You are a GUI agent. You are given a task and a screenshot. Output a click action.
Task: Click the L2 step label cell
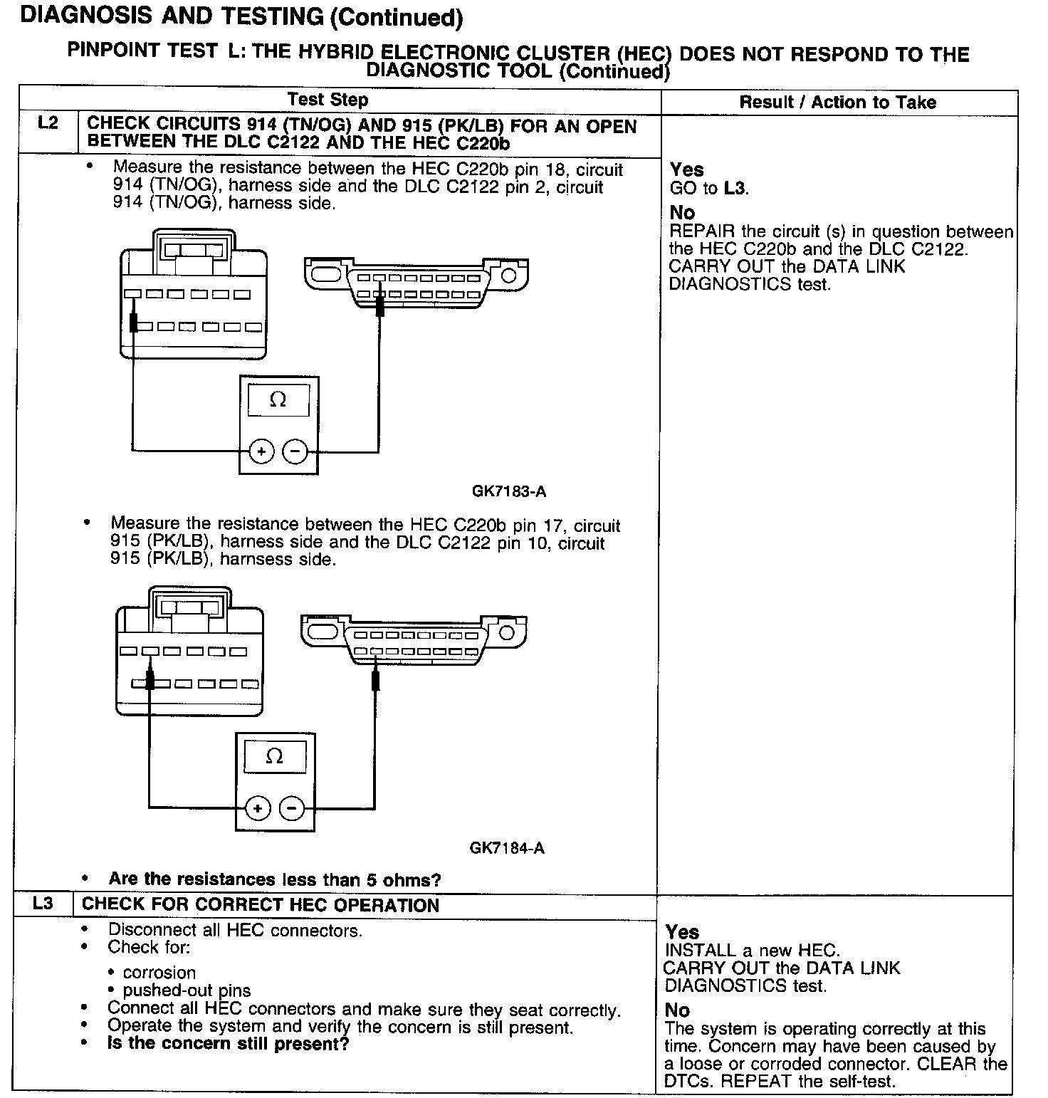pos(48,124)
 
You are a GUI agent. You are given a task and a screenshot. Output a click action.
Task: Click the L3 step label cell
pos(43,904)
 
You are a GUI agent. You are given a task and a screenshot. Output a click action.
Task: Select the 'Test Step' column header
pos(328,100)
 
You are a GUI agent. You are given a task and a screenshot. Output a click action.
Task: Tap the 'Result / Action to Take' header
pos(838,103)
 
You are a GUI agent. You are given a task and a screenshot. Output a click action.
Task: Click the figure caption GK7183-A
pos(509,491)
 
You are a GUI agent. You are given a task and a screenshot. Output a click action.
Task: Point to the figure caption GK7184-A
pos(507,848)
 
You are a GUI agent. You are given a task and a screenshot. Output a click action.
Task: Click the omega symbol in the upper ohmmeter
pos(278,400)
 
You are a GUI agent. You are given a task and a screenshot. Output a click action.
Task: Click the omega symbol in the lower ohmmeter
pos(274,756)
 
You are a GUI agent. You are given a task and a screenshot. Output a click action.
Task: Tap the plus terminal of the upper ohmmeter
pos(262,451)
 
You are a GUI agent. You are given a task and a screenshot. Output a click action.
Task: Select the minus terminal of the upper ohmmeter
pos(295,451)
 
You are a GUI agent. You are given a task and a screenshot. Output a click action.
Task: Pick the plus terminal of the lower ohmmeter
pos(258,808)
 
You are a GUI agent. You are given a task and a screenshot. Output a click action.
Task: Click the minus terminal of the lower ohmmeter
pos(291,808)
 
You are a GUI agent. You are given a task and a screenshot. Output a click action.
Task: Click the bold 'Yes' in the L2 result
pos(687,169)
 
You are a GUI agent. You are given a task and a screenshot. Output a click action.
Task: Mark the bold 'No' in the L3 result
pos(677,1010)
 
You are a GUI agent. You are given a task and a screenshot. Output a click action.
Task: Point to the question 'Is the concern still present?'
pos(228,1044)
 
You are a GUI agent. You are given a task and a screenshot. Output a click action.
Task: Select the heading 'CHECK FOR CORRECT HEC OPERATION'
pos(261,905)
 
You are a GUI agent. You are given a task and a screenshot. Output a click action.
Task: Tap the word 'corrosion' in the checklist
pos(159,973)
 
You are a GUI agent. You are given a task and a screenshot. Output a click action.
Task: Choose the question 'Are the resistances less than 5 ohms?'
pos(275,879)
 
